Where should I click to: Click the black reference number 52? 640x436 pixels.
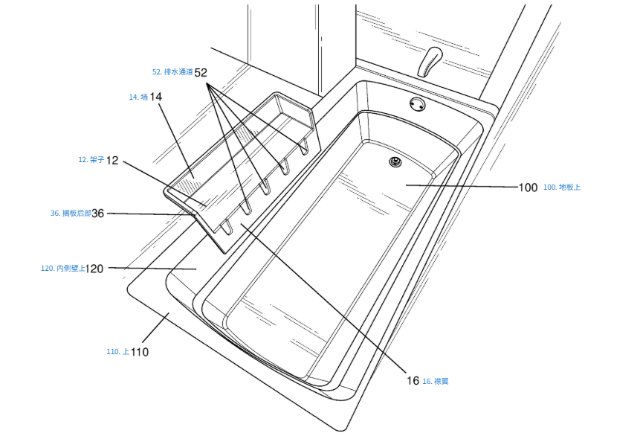(201, 72)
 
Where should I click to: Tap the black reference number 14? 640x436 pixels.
(155, 97)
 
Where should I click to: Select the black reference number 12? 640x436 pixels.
(112, 160)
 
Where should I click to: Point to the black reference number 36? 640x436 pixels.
(97, 213)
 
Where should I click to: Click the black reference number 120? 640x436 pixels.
(94, 269)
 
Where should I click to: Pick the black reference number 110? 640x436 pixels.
(139, 352)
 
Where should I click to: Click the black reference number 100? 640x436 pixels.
(529, 187)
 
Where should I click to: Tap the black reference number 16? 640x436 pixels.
(413, 381)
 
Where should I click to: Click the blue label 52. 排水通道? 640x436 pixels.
(172, 72)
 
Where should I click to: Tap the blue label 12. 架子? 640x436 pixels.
(91, 160)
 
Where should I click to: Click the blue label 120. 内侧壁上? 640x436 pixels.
(62, 269)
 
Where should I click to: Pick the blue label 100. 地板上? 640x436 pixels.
(562, 187)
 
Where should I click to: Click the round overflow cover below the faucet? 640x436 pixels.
(418, 104)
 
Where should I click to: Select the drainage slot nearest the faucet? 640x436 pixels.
(303, 144)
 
